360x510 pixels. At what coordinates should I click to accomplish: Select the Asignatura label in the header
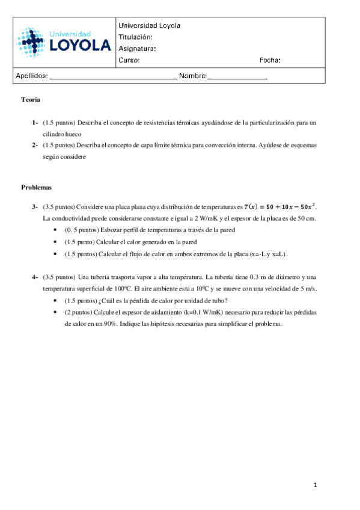click(x=138, y=49)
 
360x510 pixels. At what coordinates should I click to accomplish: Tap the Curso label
click(x=129, y=60)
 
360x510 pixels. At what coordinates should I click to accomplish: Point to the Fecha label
click(x=269, y=60)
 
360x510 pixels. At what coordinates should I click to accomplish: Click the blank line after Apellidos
click(x=112, y=78)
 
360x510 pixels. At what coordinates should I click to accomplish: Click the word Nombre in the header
click(x=192, y=76)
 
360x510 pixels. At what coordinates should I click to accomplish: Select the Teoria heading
click(x=30, y=99)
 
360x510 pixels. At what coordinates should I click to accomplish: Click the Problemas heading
click(x=37, y=188)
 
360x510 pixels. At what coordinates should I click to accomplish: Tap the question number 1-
click(x=35, y=123)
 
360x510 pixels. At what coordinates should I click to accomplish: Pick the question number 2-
click(x=35, y=146)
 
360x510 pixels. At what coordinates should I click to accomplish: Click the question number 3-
click(x=35, y=207)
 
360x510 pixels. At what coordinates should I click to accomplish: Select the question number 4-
click(x=35, y=277)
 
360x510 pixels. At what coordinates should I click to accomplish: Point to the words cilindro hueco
click(x=61, y=134)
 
